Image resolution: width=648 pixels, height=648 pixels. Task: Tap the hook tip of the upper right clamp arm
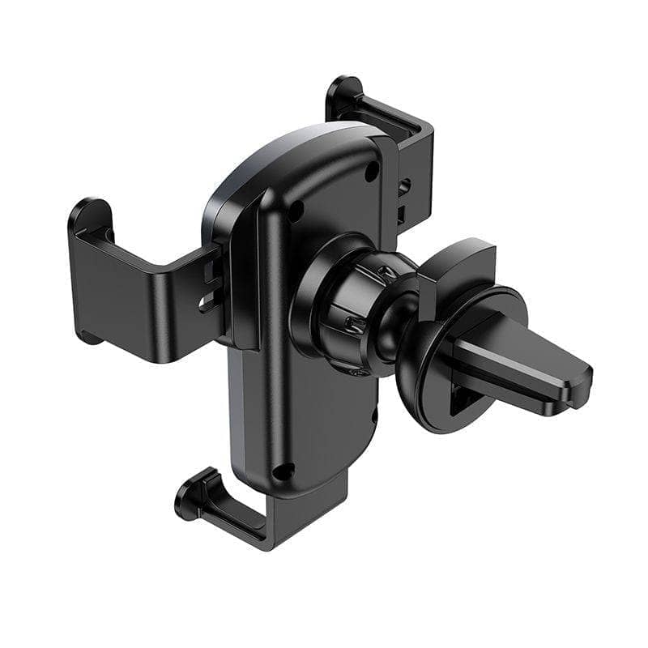[345, 87]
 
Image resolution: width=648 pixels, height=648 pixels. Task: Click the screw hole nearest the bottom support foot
[283, 470]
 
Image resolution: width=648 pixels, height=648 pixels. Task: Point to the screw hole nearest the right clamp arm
[371, 171]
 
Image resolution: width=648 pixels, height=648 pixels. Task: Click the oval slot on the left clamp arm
[206, 302]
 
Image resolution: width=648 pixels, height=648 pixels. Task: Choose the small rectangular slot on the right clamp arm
[402, 215]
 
